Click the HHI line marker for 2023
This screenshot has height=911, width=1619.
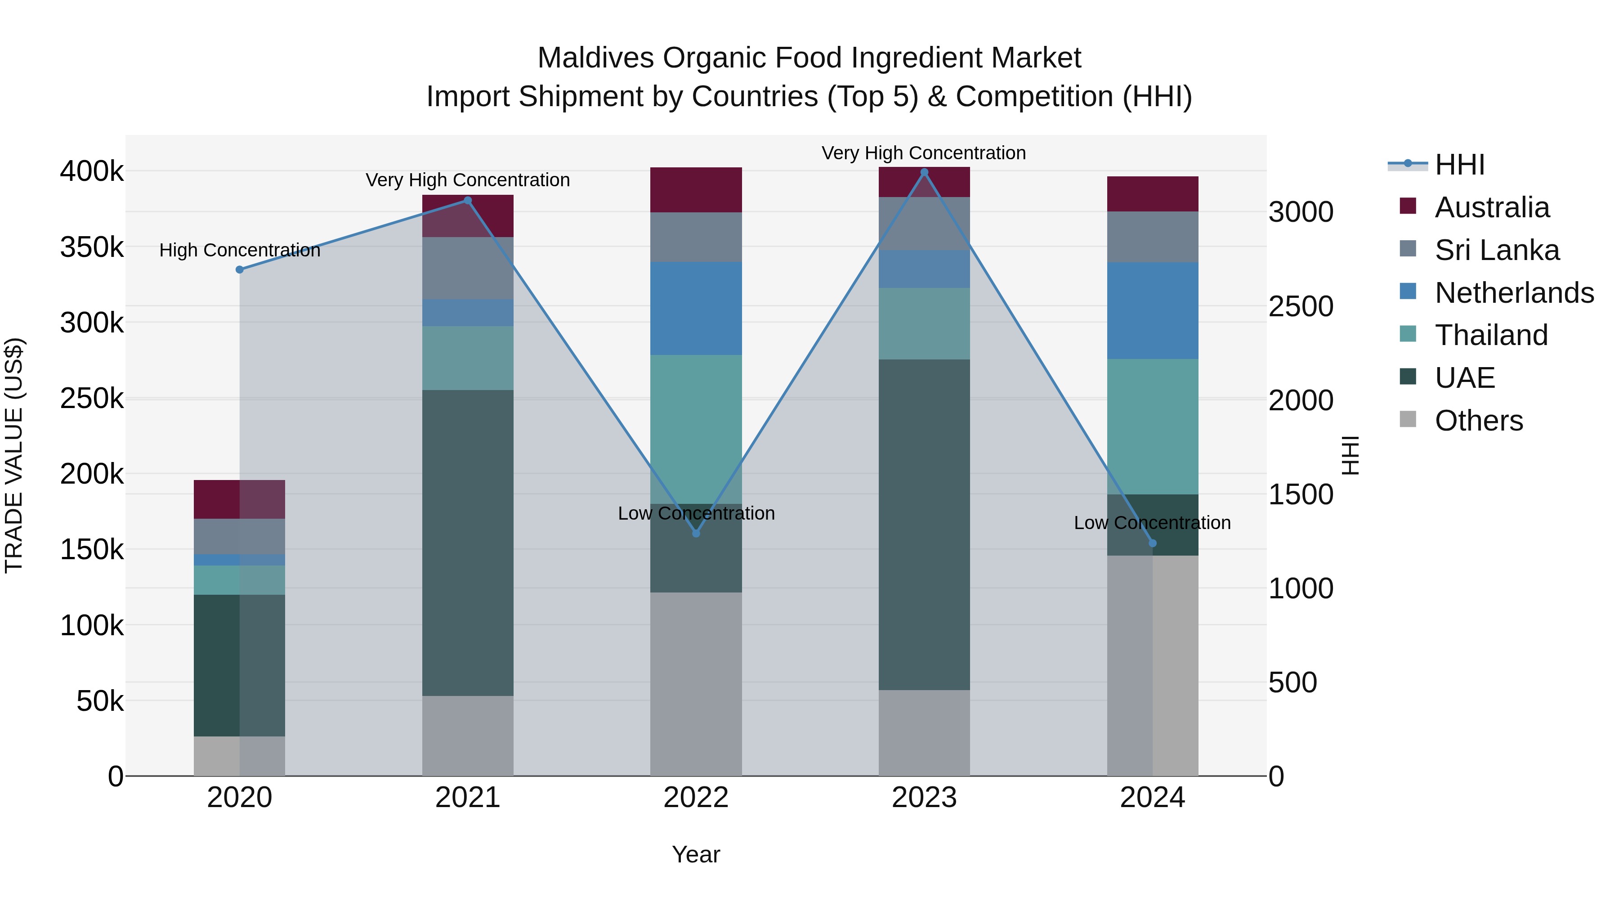[924, 172]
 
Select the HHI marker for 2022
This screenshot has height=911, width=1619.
[696, 533]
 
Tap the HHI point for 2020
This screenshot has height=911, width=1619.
[239, 270]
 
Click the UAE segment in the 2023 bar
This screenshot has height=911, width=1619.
[924, 525]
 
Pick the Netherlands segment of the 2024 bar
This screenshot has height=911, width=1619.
[1152, 310]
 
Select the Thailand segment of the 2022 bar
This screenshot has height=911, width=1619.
[696, 430]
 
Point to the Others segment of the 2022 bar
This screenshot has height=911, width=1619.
[696, 683]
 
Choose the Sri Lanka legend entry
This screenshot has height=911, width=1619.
[1496, 250]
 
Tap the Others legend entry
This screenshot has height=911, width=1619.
[1478, 421]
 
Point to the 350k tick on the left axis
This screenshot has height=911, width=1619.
[92, 247]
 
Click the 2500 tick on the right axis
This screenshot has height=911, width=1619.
[1300, 306]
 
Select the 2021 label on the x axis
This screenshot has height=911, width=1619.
[468, 798]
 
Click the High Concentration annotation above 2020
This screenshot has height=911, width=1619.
[239, 250]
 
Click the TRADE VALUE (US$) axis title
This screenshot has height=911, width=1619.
[14, 455]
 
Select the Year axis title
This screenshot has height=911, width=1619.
[696, 854]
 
